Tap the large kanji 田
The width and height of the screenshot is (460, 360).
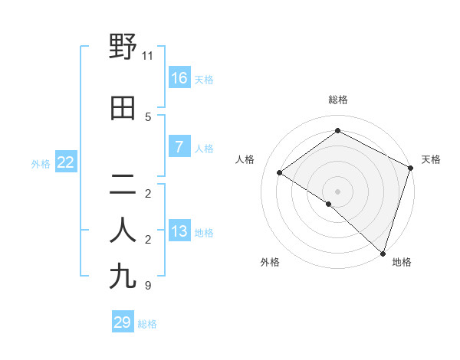(123, 110)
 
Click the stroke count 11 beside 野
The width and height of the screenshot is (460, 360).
(148, 56)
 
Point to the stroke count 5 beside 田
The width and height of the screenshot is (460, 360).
(148, 117)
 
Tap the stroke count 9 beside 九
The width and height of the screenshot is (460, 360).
(148, 286)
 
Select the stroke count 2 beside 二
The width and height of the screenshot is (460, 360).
(148, 194)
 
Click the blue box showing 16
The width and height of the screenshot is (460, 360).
(179, 78)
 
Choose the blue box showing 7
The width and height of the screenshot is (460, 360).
(179, 148)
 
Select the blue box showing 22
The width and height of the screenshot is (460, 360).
(65, 162)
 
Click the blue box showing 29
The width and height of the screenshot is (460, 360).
(123, 322)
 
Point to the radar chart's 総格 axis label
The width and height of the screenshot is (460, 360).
(337, 100)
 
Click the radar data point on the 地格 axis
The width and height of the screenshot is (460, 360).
(383, 253)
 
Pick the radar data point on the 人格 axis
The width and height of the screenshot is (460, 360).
(280, 173)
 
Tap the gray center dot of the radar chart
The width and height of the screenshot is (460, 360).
(337, 191)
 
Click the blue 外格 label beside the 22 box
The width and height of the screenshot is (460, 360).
(41, 164)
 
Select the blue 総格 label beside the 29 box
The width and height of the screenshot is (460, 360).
(147, 324)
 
